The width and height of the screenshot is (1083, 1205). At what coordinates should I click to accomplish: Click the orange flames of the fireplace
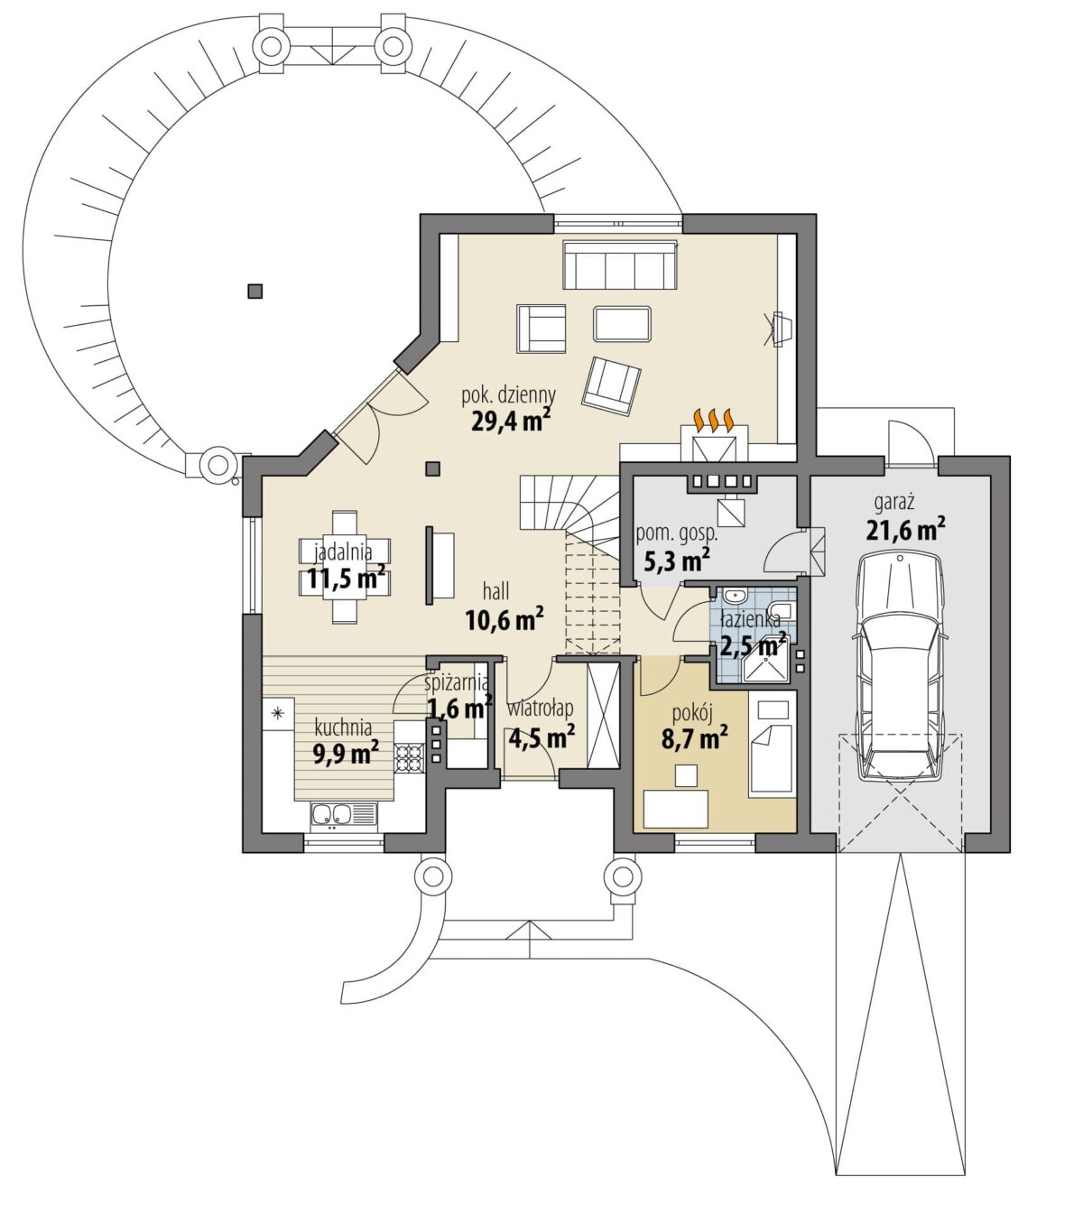(x=714, y=420)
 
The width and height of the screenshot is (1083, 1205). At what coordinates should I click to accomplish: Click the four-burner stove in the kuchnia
(x=410, y=757)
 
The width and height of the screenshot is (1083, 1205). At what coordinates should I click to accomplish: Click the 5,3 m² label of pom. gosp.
(x=677, y=561)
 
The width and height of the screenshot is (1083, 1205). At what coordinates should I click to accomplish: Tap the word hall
(x=496, y=592)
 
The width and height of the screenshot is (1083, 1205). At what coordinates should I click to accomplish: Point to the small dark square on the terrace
(x=255, y=291)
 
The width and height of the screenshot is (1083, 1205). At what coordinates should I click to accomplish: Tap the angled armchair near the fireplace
(x=612, y=385)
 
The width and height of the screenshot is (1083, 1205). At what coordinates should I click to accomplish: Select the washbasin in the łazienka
(x=734, y=596)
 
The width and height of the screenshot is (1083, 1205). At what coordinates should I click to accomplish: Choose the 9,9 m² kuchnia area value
(x=346, y=752)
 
